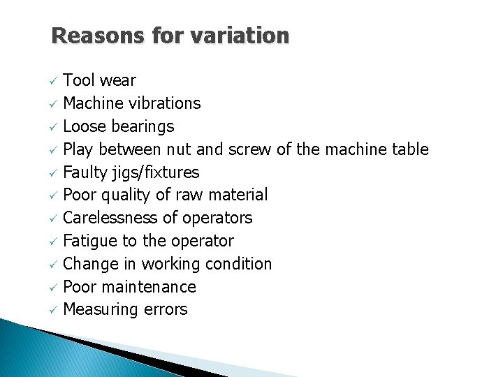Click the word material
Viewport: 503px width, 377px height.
[x=235, y=195]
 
